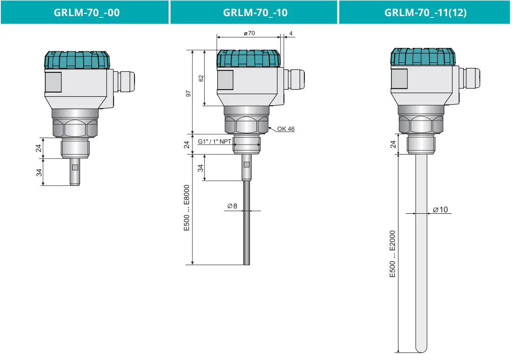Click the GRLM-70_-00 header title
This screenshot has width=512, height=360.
[87, 12]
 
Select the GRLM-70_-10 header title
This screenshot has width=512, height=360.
[255, 12]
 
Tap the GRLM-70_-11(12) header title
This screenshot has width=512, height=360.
[425, 12]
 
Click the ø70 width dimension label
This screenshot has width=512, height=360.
[249, 34]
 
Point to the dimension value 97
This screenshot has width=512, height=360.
[188, 94]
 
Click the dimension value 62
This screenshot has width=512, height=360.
[201, 78]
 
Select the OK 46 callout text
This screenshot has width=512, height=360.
[286, 129]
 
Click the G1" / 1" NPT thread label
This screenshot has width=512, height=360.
[215, 141]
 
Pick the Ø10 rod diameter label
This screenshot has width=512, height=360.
[440, 210]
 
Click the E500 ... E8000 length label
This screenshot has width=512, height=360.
[187, 208]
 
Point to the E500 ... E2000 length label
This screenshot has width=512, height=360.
[393, 254]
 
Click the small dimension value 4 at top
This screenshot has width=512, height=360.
[290, 34]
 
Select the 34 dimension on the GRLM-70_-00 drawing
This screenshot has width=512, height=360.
[39, 172]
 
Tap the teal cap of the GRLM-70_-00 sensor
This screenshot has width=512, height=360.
[77, 60]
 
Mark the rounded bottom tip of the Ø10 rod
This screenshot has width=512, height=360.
[421, 349]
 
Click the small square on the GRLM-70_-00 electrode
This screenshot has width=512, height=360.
[75, 168]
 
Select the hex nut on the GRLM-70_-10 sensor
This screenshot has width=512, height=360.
[246, 126]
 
